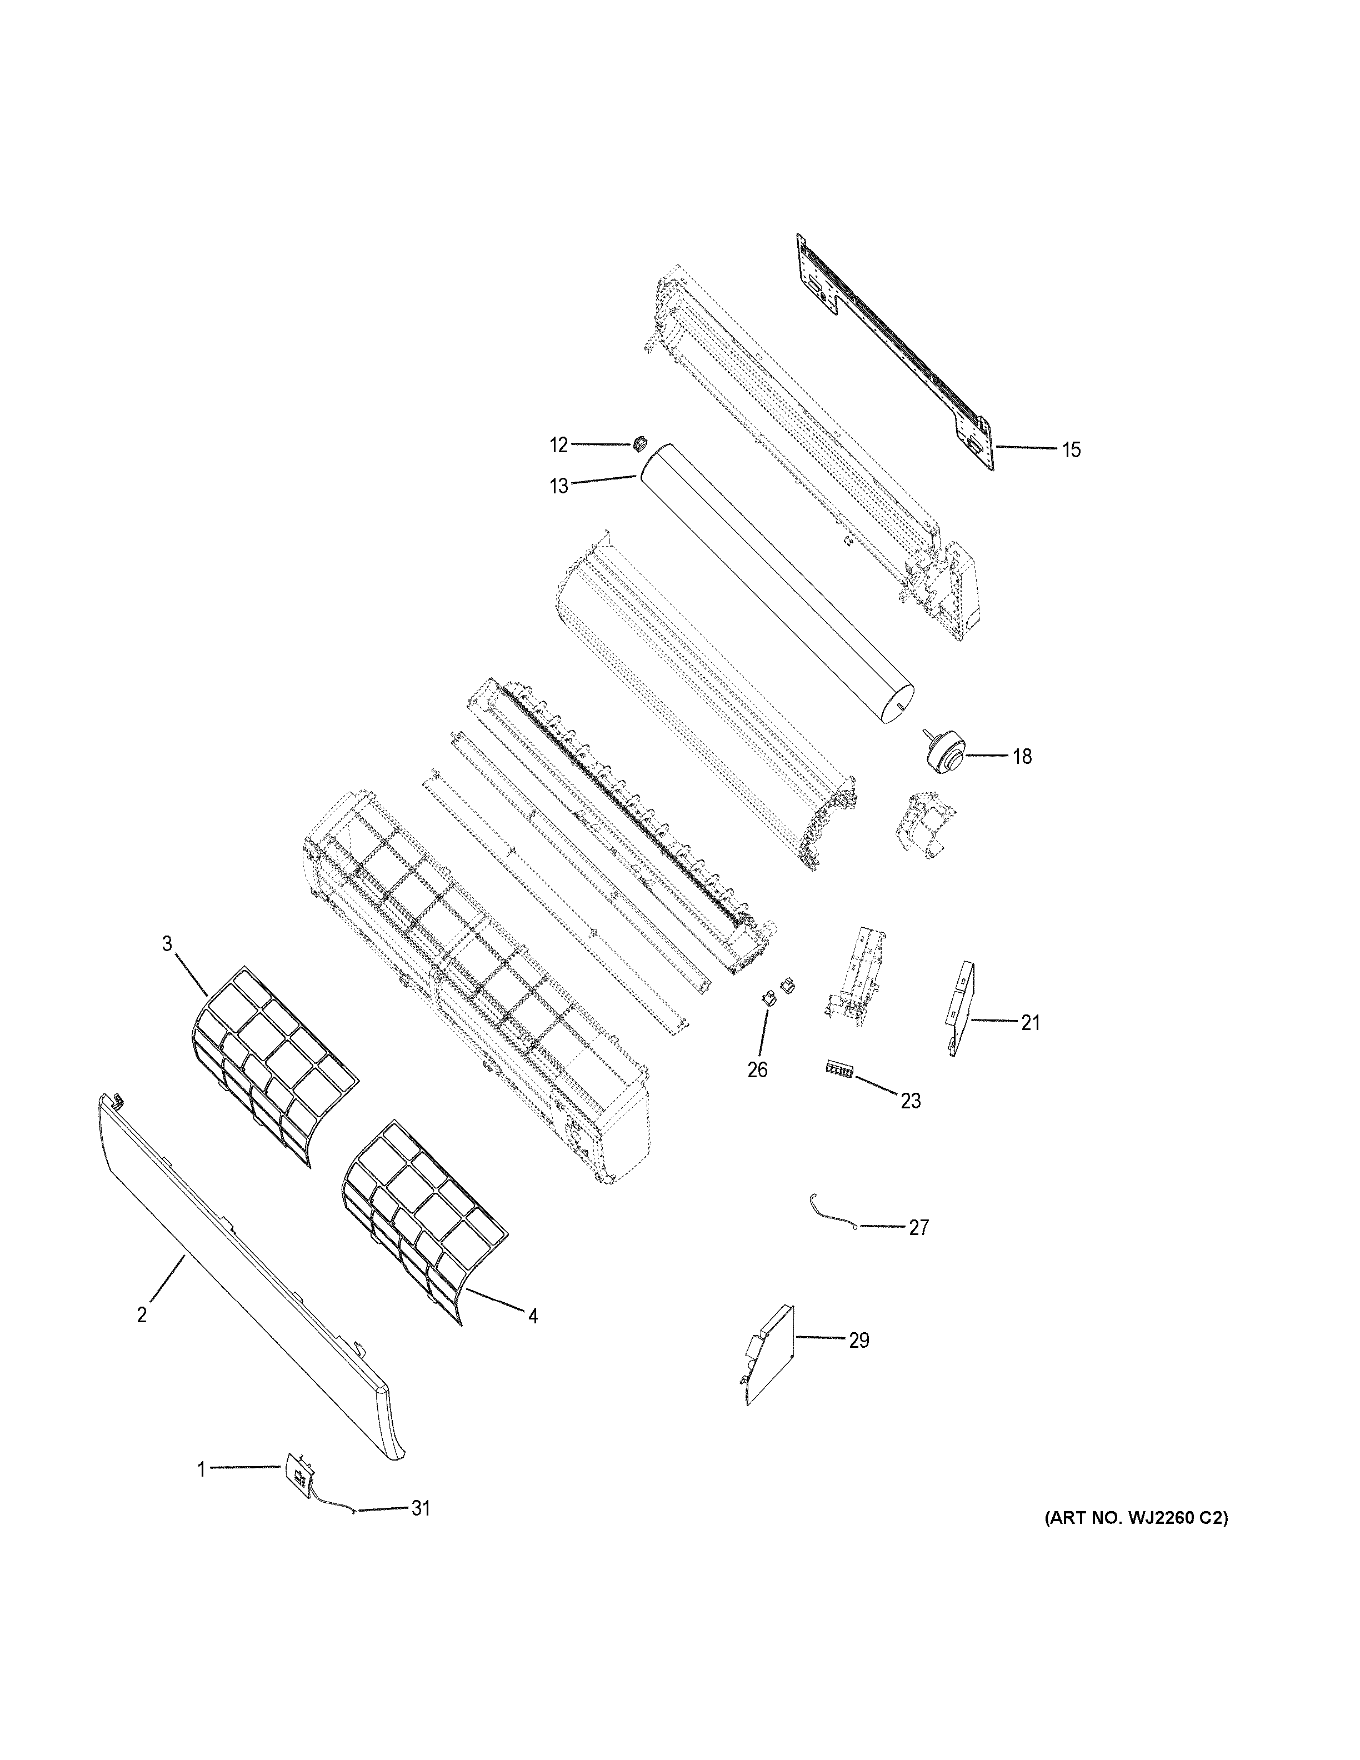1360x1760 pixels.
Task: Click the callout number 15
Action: pos(1070,449)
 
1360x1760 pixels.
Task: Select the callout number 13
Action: pos(558,486)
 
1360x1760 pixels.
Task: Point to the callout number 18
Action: pos(1022,757)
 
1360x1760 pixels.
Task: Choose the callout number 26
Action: pos(757,1069)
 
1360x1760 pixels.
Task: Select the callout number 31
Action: pos(421,1508)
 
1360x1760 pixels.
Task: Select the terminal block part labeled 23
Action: pos(839,1069)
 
